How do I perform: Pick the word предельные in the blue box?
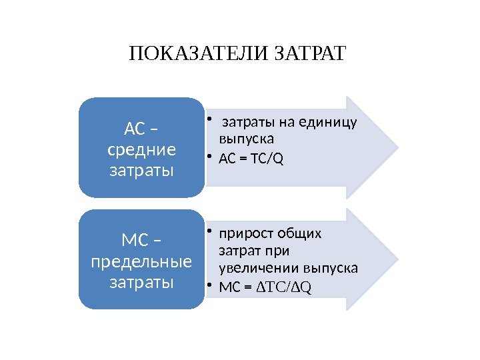point(141,260)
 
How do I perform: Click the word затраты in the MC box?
point(141,281)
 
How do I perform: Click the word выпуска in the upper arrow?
point(247,139)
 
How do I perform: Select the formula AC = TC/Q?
point(251,159)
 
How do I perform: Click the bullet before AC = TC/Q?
point(209,157)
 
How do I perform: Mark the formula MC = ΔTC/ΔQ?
point(265,287)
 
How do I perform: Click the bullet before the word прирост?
point(209,232)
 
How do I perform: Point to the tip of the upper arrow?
point(398,147)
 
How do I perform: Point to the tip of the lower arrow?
point(398,259)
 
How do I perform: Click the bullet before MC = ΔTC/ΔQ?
point(209,287)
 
